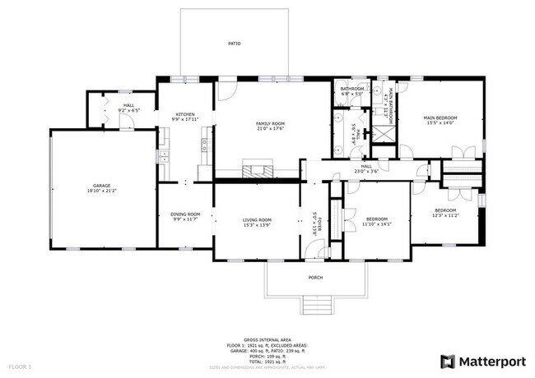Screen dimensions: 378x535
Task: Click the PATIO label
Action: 235,43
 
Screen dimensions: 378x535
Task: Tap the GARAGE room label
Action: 102,186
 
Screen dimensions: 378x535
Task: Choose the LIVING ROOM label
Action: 257,219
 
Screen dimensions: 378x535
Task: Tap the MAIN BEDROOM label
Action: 440,118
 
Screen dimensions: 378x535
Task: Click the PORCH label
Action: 315,278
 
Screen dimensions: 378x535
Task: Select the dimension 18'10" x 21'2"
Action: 102,191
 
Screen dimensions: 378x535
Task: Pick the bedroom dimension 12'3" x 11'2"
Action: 446,215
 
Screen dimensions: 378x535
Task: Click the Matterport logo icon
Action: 447,360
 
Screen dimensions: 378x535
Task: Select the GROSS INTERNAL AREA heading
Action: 268,338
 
